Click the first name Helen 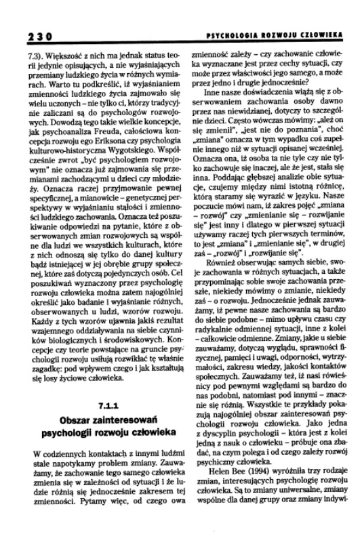click(216, 486)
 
